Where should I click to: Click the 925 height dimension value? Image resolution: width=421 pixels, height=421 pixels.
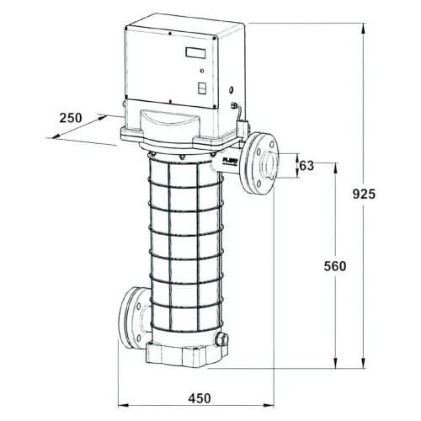pyautogui.click(x=364, y=194)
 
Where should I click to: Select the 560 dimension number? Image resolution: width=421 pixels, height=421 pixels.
pyautogui.click(x=335, y=266)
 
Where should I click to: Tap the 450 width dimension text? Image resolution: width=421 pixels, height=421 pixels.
pyautogui.click(x=200, y=398)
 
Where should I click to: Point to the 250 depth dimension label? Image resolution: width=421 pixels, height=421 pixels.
pyautogui.click(x=71, y=118)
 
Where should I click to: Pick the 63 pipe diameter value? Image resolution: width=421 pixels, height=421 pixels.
pyautogui.click(x=306, y=166)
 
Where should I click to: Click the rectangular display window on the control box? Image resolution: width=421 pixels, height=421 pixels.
pyautogui.click(x=195, y=53)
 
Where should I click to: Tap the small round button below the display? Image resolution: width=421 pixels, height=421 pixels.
pyautogui.click(x=202, y=71)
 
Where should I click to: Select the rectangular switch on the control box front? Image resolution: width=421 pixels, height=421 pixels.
pyautogui.click(x=202, y=88)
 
